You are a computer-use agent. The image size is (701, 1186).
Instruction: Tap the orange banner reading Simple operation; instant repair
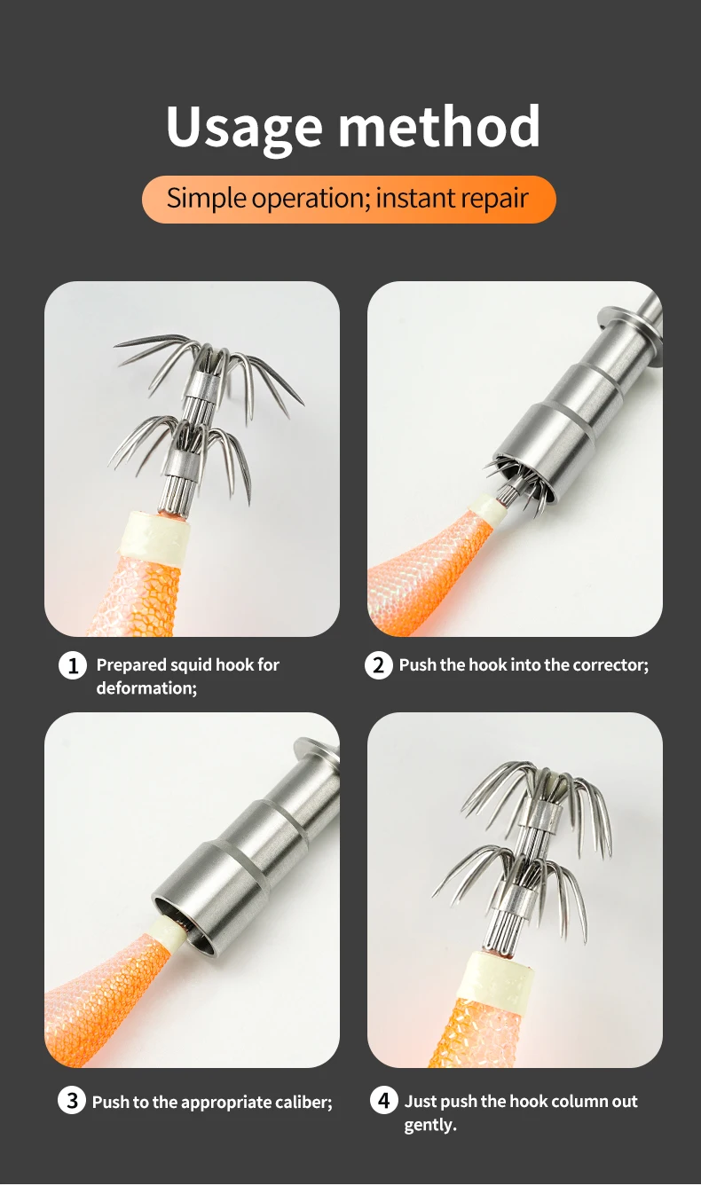point(349,199)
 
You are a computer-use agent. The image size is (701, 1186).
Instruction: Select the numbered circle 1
point(73,665)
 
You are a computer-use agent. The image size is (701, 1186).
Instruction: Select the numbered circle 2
point(379,665)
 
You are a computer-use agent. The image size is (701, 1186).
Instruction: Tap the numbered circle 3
point(72,1102)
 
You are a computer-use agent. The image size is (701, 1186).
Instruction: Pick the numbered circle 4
point(384,1102)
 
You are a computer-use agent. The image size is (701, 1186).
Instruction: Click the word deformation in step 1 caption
point(145,688)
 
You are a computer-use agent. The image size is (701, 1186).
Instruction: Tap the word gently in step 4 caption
point(428,1125)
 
